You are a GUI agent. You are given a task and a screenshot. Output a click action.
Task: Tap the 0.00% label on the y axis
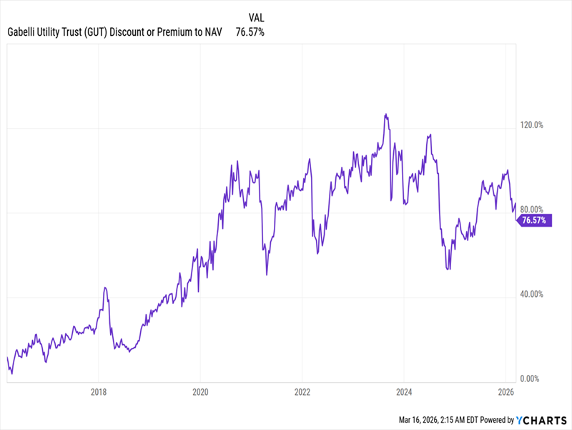point(533,378)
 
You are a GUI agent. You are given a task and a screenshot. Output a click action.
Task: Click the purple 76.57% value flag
point(535,220)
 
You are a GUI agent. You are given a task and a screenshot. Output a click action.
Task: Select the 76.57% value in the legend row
point(250,32)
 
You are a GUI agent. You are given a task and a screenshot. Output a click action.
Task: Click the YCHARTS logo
point(540,420)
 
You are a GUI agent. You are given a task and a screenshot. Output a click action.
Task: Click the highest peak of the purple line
point(385,114)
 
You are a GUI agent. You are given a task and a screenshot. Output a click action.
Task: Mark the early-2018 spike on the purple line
point(105,288)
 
